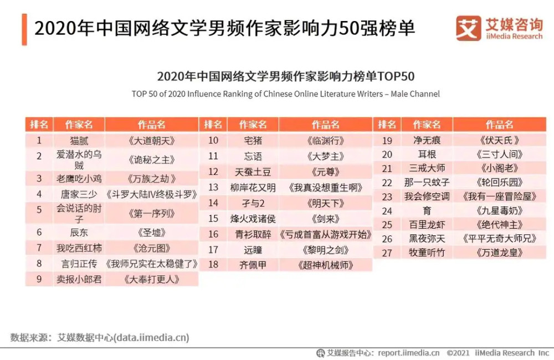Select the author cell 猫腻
(x=79, y=140)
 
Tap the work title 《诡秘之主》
(x=151, y=160)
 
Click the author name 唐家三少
(x=79, y=194)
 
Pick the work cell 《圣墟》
(x=151, y=232)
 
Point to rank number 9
(x=39, y=279)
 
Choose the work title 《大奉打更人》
(x=151, y=279)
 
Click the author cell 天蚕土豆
(x=253, y=172)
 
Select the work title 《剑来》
(x=325, y=218)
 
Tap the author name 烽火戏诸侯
(x=253, y=218)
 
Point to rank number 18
(x=213, y=265)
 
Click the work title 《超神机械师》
(x=325, y=265)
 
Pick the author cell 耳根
(x=427, y=155)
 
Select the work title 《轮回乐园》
(x=499, y=182)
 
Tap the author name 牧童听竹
(x=427, y=253)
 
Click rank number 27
(x=387, y=253)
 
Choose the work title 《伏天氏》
(x=499, y=140)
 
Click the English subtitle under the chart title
(x=285, y=94)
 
